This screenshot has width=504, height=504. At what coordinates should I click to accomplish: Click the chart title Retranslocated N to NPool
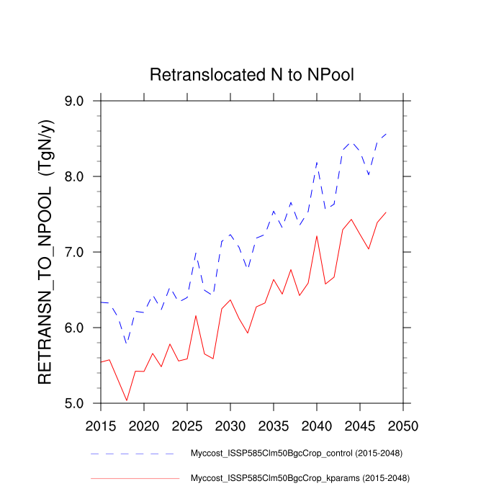click(251, 75)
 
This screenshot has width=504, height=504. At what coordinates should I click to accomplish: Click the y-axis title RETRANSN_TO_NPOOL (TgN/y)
click(45, 252)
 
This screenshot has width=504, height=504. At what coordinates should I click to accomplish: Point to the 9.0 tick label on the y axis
click(84, 102)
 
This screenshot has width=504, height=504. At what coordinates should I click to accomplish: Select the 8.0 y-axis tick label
click(84, 177)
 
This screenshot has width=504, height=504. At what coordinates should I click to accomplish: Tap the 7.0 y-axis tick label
click(84, 253)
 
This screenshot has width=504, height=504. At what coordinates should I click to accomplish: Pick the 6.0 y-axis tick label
click(84, 328)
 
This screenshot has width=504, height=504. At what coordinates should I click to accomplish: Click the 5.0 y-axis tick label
click(84, 404)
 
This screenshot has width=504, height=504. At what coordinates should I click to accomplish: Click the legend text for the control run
click(295, 454)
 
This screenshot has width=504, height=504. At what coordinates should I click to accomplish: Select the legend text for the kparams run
click(300, 478)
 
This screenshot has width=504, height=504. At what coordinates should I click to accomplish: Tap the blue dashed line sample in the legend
click(132, 454)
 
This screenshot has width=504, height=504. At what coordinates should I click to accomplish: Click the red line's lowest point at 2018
click(127, 400)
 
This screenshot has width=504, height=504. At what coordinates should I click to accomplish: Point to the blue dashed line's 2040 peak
click(317, 163)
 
